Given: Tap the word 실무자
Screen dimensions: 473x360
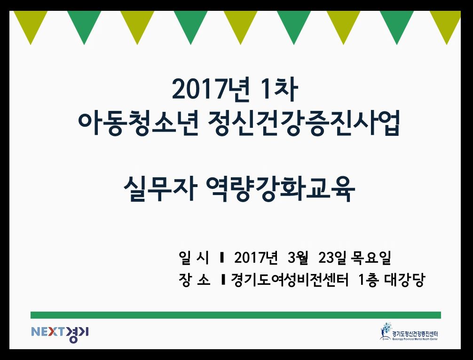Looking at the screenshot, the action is pyautogui.click(x=160, y=189).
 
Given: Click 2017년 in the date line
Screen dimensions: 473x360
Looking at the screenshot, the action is pyautogui.click(x=255, y=258).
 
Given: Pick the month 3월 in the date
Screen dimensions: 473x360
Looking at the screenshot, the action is pyautogui.click(x=298, y=258).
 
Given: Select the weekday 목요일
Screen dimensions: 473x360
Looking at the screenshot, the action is pyautogui.click(x=371, y=258).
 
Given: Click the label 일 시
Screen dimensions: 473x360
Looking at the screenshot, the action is pyautogui.click(x=194, y=258).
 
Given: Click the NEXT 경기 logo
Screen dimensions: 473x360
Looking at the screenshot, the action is pyautogui.click(x=60, y=334).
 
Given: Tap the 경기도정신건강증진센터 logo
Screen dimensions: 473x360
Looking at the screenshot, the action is pyautogui.click(x=409, y=332).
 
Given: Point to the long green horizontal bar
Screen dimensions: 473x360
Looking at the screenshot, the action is pyautogui.click(x=236, y=315).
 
